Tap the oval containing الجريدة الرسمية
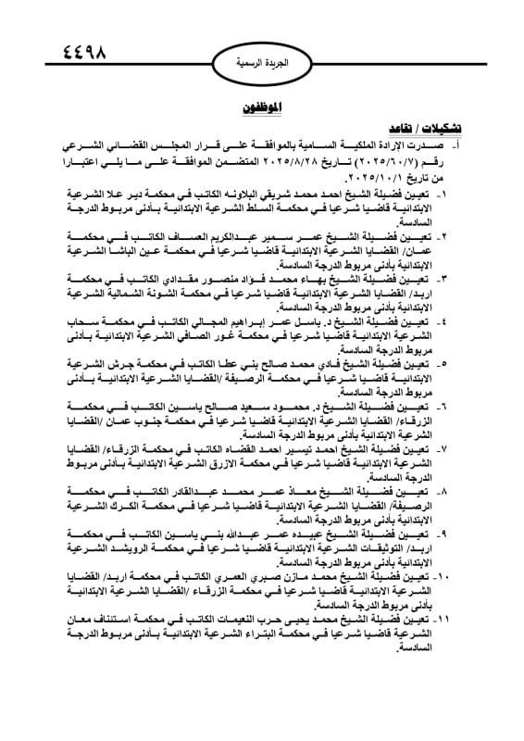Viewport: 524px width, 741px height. click(x=262, y=64)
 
